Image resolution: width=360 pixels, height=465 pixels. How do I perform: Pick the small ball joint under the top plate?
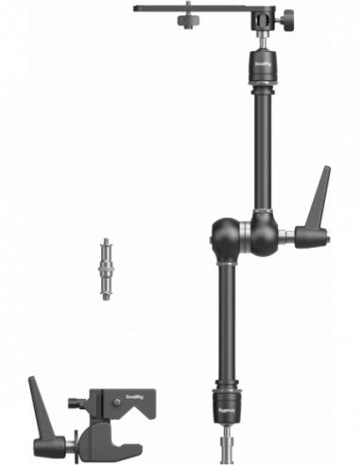[261, 40]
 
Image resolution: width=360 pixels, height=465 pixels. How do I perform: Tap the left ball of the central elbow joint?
[227, 232]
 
